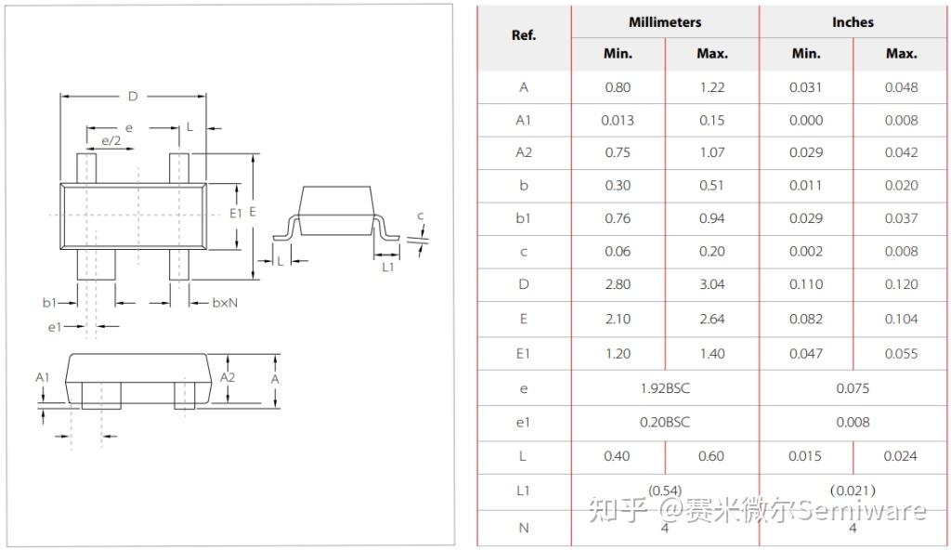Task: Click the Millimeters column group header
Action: (665, 22)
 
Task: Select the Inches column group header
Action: (853, 22)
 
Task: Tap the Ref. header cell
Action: (524, 35)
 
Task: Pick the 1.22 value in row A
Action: (711, 87)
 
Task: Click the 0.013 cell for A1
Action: (618, 120)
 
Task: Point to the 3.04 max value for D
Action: (711, 284)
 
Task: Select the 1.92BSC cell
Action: (665, 388)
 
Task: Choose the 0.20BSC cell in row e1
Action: (665, 422)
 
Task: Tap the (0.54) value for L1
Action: (665, 490)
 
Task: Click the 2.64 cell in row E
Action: (711, 319)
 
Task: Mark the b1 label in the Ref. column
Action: (524, 218)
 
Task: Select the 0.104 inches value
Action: (901, 319)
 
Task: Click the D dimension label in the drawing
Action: (133, 97)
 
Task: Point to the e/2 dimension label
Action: (111, 140)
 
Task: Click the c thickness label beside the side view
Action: (420, 216)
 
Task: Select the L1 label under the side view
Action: (388, 268)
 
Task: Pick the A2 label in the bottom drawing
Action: (228, 377)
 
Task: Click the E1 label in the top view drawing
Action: (235, 213)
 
